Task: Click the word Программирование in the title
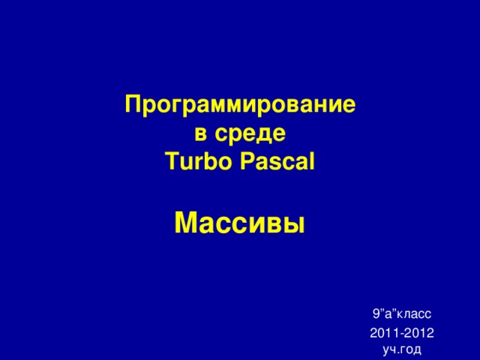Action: tap(240, 106)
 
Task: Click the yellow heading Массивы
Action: tap(240, 223)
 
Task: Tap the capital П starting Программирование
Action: tap(133, 105)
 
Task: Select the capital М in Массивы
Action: tap(184, 223)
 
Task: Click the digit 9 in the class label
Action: tap(375, 313)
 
